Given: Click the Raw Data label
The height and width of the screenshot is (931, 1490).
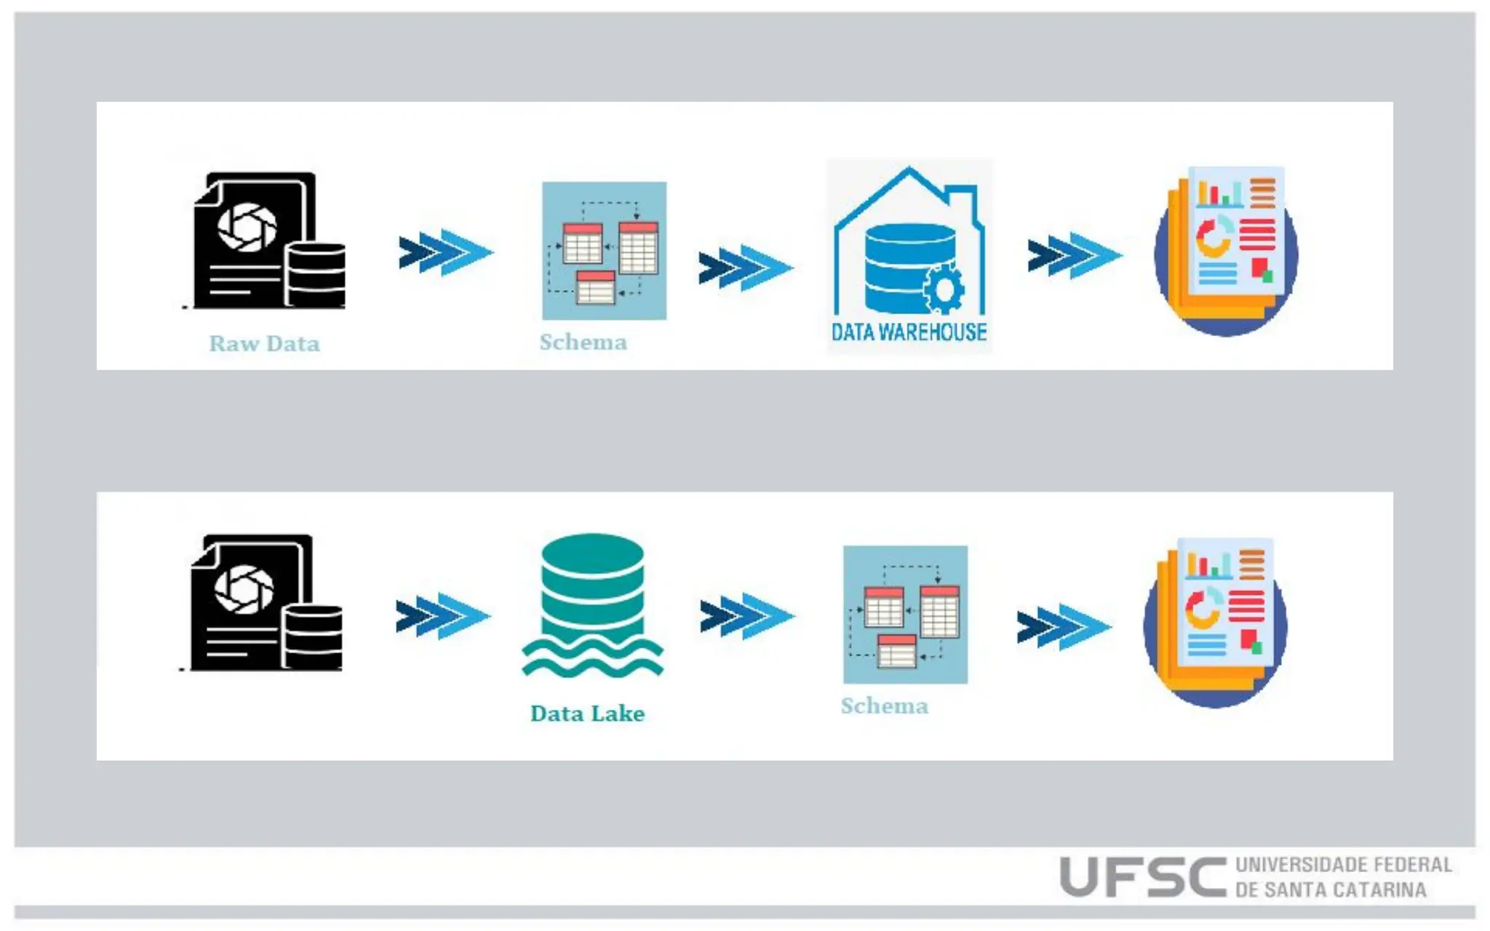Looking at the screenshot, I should pyautogui.click(x=264, y=343).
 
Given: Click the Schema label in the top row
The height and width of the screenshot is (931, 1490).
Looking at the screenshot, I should pyautogui.click(x=583, y=342).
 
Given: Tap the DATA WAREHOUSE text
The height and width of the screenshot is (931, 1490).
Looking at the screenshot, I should pyautogui.click(x=909, y=332).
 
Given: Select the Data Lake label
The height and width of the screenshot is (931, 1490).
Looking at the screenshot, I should pyautogui.click(x=587, y=714).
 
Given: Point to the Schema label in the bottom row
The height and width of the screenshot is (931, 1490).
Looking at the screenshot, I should pyautogui.click(x=884, y=706).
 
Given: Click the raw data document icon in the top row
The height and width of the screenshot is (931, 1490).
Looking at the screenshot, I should pyautogui.click(x=266, y=240).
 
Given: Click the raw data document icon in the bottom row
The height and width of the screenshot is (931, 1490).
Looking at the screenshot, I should pyautogui.click(x=263, y=602).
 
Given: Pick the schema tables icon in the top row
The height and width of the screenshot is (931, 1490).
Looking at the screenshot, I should pyautogui.click(x=604, y=251).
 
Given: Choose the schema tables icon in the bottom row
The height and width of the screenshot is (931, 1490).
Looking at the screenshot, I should pyautogui.click(x=905, y=615).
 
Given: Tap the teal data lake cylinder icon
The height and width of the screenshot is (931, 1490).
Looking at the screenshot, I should pyautogui.click(x=592, y=604).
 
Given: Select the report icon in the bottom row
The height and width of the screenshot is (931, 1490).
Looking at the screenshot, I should pyautogui.click(x=1216, y=622).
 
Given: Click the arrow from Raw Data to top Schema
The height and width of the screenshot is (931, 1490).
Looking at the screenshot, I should pyautogui.click(x=445, y=252).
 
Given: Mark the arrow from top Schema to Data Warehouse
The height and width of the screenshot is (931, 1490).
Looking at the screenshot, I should pyautogui.click(x=745, y=268).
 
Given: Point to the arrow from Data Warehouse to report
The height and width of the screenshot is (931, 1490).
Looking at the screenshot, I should pyautogui.click(x=1074, y=255).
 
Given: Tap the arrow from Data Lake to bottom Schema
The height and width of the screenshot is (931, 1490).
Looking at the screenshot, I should pyautogui.click(x=746, y=616).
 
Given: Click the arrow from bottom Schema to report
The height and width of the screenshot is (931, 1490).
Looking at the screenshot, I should pyautogui.click(x=1063, y=627).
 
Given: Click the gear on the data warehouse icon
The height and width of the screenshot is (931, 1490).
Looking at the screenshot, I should pyautogui.click(x=944, y=289).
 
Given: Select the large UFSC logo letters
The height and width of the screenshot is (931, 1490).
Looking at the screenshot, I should pyautogui.click(x=1142, y=876).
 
